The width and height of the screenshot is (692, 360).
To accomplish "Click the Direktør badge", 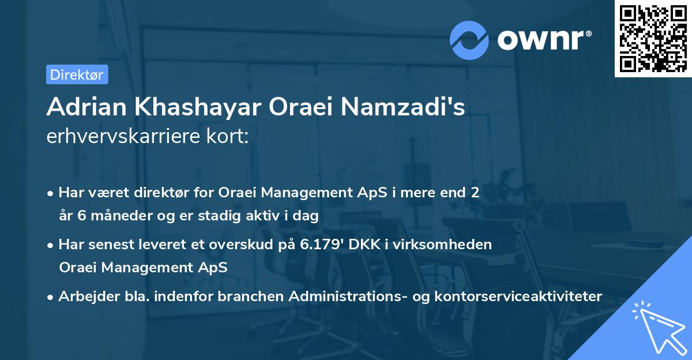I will coord(77,74).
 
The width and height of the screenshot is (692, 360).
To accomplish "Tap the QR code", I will coord(652,38).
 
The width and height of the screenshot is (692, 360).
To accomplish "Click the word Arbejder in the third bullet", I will coord(82,296).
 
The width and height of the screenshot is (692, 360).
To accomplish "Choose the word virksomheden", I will coord(453,244).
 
